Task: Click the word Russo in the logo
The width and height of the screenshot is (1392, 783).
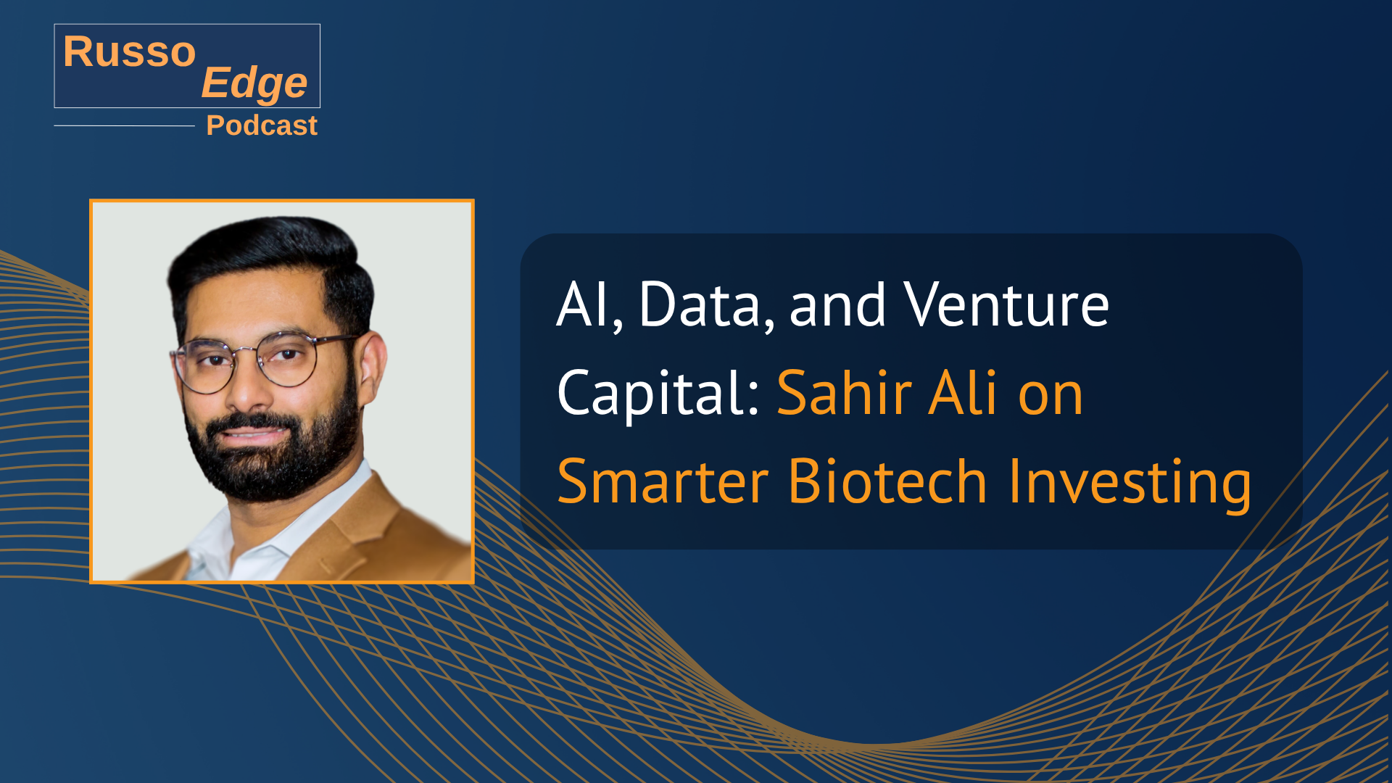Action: pos(130,51)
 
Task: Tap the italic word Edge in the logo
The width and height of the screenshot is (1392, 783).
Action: pos(254,83)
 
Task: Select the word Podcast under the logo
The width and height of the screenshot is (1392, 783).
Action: pos(262,125)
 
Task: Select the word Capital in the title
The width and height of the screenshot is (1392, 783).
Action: pos(652,394)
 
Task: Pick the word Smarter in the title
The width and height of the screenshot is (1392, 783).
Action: pos(663,481)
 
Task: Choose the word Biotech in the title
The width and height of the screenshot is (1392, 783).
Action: pos(887,481)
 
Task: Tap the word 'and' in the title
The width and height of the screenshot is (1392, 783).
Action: pos(837,305)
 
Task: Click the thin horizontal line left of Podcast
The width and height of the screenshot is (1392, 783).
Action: pos(124,125)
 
